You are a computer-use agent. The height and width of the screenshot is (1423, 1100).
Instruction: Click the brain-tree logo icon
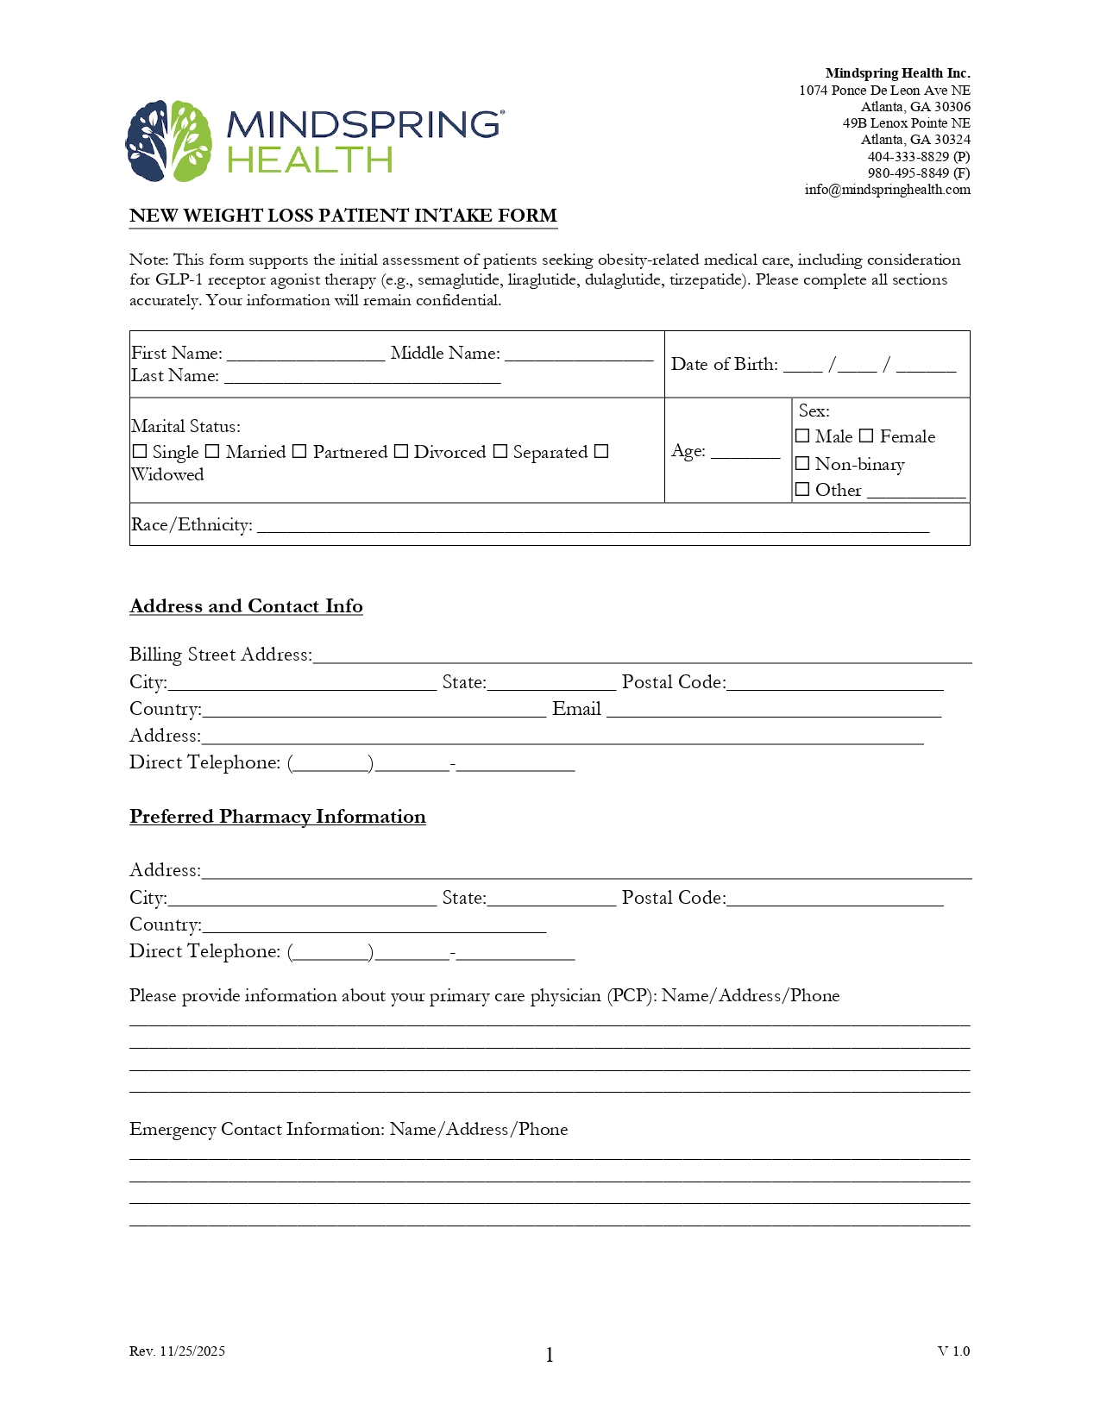pyautogui.click(x=169, y=141)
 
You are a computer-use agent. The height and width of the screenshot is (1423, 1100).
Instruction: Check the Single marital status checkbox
pyautogui.click(x=140, y=451)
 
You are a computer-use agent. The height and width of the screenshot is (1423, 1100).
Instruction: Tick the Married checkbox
pyautogui.click(x=212, y=451)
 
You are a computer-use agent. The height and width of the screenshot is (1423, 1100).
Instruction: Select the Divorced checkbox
pyautogui.click(x=401, y=451)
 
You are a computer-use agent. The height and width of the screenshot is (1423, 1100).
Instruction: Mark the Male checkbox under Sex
pyautogui.click(x=802, y=436)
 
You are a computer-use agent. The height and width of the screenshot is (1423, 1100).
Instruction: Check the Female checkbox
pyautogui.click(x=866, y=436)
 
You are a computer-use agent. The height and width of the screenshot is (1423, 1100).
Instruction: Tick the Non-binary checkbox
pyautogui.click(x=802, y=464)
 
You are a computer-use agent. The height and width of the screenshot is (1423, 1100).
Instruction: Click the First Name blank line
pyautogui.click(x=305, y=354)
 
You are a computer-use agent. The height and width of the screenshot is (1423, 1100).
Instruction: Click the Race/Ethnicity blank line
pyautogui.click(x=593, y=526)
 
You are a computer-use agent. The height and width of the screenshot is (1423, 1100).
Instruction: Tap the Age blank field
pyautogui.click(x=745, y=451)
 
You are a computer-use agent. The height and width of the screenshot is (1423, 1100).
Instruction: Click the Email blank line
pyautogui.click(x=773, y=710)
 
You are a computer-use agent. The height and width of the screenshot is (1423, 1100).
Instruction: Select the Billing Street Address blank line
pyautogui.click(x=642, y=655)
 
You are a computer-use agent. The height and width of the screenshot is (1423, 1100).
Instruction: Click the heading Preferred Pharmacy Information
pyautogui.click(x=278, y=817)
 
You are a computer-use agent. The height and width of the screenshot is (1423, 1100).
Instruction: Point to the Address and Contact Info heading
pyautogui.click(x=246, y=606)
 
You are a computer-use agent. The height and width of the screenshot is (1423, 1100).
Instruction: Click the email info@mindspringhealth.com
pyautogui.click(x=887, y=190)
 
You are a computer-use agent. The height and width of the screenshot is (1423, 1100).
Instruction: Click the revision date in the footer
pyautogui.click(x=177, y=1351)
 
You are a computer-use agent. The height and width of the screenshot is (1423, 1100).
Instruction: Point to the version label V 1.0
pyautogui.click(x=953, y=1351)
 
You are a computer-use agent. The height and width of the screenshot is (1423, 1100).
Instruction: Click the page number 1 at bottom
pyautogui.click(x=550, y=1356)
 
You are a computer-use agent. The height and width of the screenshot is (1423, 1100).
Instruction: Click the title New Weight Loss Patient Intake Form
pyautogui.click(x=343, y=216)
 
